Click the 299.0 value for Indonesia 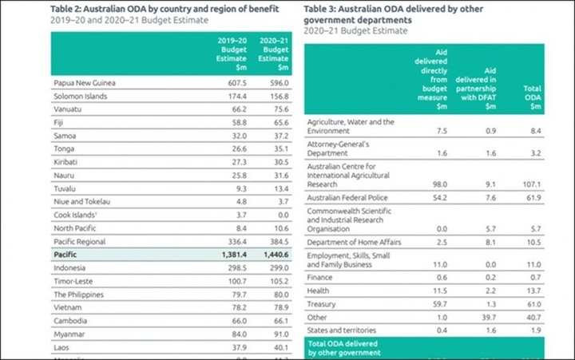pos(276,267)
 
